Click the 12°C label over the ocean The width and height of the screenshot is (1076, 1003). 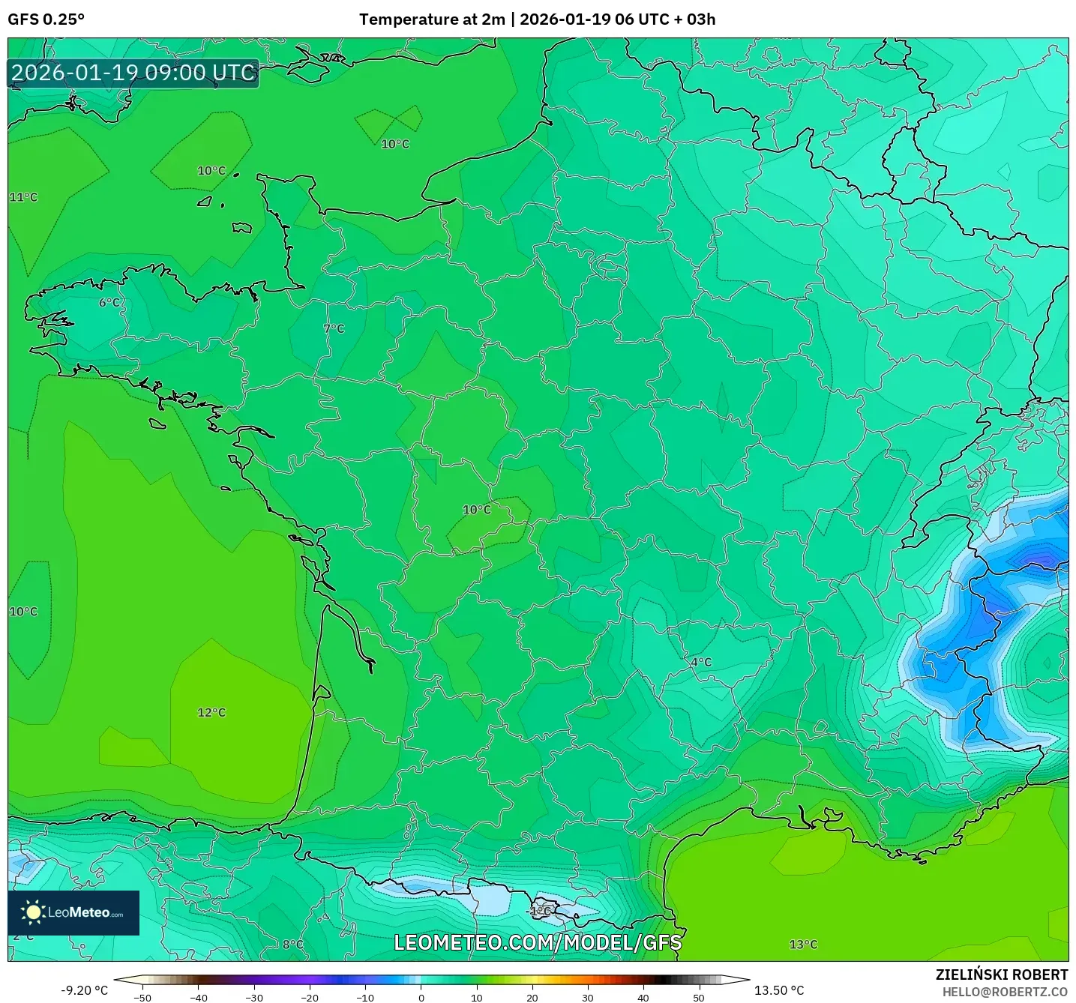[x=211, y=712]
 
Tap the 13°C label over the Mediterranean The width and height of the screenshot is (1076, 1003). [x=803, y=945]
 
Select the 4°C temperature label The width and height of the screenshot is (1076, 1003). [x=701, y=662]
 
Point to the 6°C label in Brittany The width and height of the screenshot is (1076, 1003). [x=109, y=302]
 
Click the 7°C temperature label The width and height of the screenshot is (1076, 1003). [x=334, y=328]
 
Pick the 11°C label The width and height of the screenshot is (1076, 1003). [x=23, y=197]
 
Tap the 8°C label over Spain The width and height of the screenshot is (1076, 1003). [x=293, y=945]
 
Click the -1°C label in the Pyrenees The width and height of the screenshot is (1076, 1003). [x=540, y=911]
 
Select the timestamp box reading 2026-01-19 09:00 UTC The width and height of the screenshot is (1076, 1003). [x=133, y=73]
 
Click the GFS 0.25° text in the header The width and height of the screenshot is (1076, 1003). [x=46, y=19]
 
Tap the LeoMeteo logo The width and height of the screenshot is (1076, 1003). [x=73, y=912]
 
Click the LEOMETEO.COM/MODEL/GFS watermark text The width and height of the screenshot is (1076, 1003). [x=538, y=942]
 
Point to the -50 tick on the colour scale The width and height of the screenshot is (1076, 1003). [x=142, y=997]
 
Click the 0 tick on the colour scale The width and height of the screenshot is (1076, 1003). [x=421, y=997]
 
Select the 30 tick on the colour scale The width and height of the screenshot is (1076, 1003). [x=588, y=997]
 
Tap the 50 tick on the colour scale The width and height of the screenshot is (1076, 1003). [x=699, y=997]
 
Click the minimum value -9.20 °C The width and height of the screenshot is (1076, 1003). [x=84, y=990]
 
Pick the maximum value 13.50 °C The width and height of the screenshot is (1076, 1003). [x=778, y=990]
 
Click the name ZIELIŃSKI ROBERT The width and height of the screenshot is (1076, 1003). [x=1001, y=975]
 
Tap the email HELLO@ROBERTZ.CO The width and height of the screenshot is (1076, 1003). [x=1004, y=992]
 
